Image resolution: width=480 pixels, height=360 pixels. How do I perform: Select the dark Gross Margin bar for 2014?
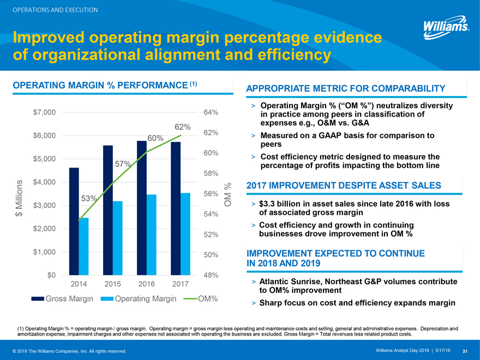point(74,221)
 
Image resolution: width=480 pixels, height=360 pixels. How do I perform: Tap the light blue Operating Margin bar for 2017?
point(185,234)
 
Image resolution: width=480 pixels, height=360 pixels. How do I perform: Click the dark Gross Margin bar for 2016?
point(142,207)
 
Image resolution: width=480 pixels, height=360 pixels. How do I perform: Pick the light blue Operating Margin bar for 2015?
point(117,238)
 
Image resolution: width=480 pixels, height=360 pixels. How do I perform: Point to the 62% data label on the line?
point(182,128)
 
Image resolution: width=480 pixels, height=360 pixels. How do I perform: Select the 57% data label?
point(122,164)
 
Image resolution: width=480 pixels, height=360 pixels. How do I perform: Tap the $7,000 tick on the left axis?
point(44,112)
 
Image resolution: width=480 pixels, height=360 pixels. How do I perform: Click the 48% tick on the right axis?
point(211,275)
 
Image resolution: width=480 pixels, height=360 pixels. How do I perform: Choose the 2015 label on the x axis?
point(112,284)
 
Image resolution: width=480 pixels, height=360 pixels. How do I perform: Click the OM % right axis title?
point(228,195)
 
